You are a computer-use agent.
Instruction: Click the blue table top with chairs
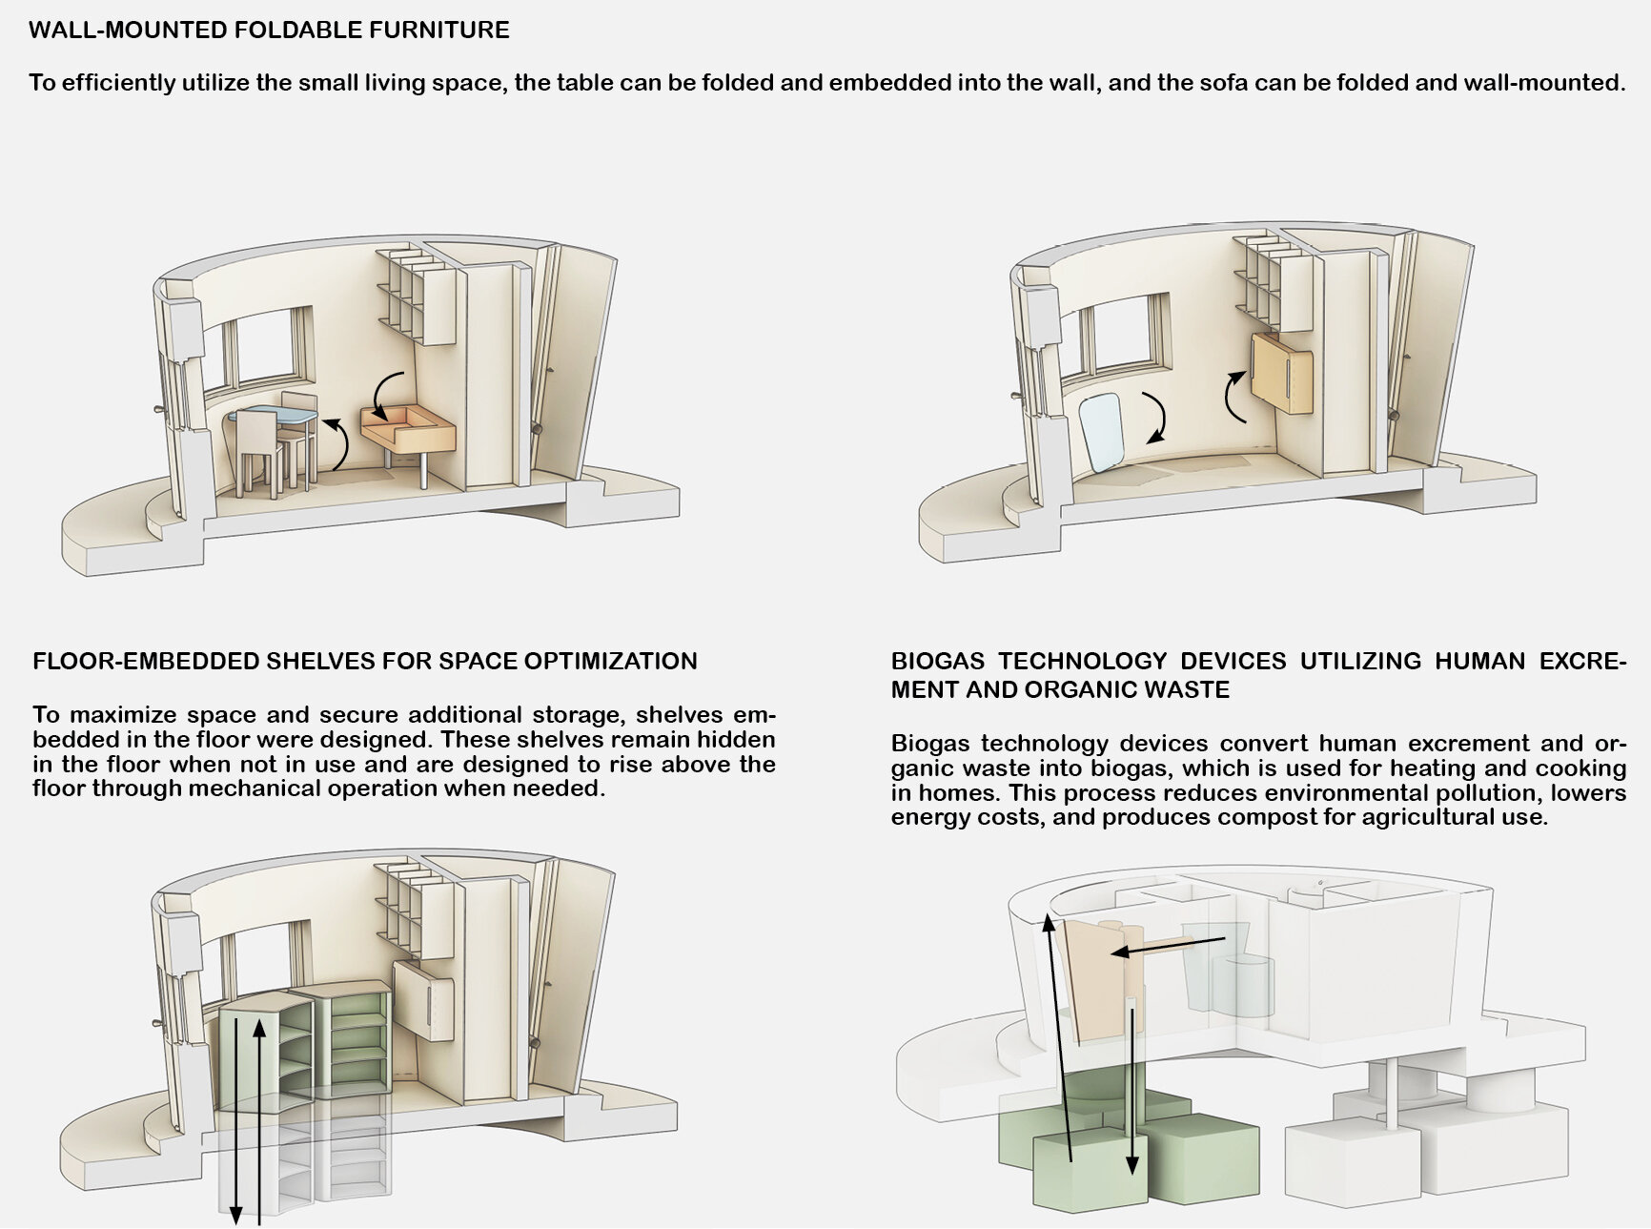pos(272,416)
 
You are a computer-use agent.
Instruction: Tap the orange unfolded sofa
pos(408,430)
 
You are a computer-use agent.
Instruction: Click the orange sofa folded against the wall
pos(1283,372)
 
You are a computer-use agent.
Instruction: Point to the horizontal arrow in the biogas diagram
pos(1168,947)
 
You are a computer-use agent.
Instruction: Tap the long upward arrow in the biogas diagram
pos(1060,1037)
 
